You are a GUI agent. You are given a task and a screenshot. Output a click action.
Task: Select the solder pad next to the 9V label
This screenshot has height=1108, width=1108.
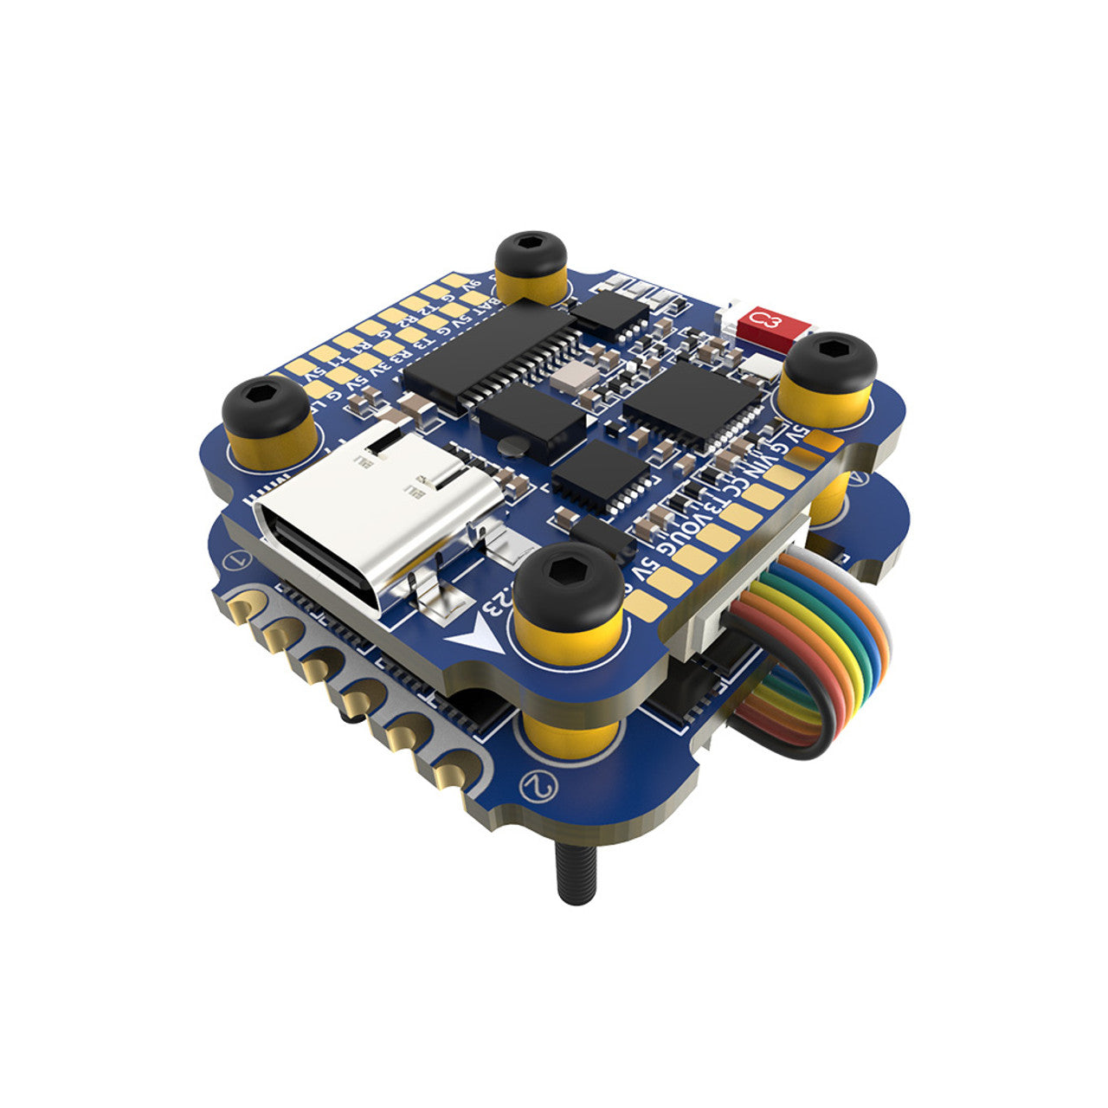tap(454, 280)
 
